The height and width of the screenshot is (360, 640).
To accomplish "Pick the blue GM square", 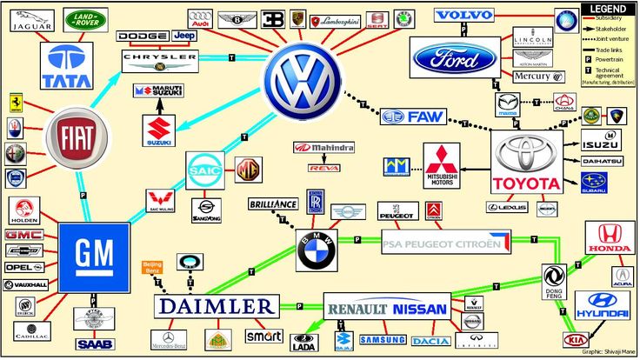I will pyautogui.click(x=94, y=255).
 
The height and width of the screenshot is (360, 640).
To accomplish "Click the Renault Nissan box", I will pyautogui.click(x=387, y=308).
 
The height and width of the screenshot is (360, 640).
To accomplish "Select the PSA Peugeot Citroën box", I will pyautogui.click(x=446, y=242).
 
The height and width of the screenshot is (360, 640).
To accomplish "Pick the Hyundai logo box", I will pyautogui.click(x=602, y=306).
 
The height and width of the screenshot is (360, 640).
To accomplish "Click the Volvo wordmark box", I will pyautogui.click(x=463, y=16).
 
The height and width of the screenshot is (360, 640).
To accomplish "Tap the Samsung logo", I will pyautogui.click(x=383, y=339).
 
